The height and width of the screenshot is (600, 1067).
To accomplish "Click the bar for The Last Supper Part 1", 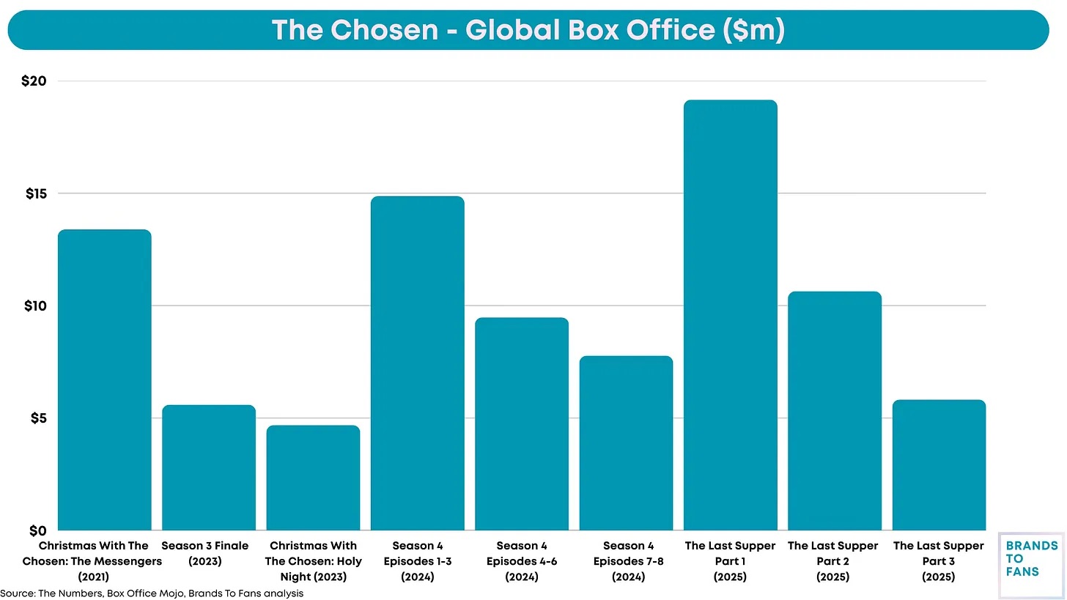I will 730,315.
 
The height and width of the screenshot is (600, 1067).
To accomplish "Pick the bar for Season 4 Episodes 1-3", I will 418,363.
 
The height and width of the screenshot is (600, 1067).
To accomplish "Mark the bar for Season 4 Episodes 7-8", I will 626,443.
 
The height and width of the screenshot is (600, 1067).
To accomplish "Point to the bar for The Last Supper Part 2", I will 834,411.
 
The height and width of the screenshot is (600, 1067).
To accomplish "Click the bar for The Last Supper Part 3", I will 939,465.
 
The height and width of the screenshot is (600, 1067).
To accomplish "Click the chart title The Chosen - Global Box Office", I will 528,30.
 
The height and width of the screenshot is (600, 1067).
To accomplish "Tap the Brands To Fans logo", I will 1031,565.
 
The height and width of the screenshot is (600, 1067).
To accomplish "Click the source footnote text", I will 152,593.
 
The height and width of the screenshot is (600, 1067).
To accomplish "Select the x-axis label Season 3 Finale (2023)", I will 205,553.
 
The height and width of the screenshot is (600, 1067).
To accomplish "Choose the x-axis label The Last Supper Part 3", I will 939,561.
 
